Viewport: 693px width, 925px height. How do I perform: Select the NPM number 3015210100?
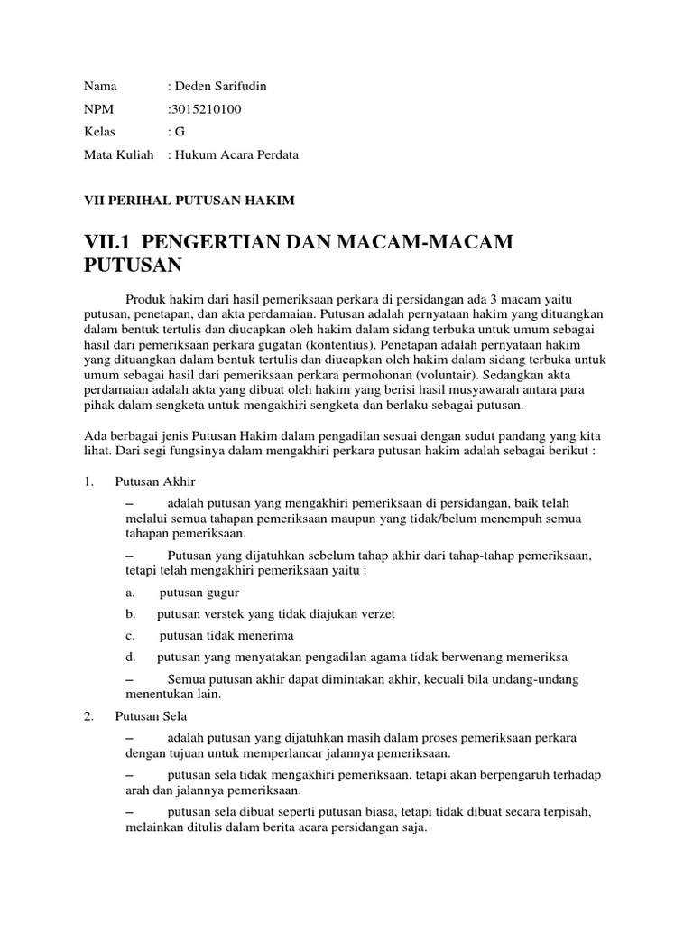click(207, 109)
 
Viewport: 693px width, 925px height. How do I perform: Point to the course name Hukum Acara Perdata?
click(236, 154)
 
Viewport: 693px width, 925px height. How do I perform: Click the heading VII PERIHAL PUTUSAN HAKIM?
click(189, 200)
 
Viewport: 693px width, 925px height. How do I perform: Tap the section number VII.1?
click(108, 242)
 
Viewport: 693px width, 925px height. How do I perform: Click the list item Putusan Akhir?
click(155, 481)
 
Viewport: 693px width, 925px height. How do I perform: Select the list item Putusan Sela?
click(151, 715)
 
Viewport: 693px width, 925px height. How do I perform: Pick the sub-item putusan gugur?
click(199, 593)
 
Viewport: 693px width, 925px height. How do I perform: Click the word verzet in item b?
click(376, 614)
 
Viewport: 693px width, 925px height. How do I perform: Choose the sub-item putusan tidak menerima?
click(226, 636)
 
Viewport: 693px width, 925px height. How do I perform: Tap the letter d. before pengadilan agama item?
click(131, 658)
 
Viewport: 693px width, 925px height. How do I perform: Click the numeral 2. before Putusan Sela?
click(88, 715)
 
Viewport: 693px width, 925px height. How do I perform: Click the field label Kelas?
click(100, 132)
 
